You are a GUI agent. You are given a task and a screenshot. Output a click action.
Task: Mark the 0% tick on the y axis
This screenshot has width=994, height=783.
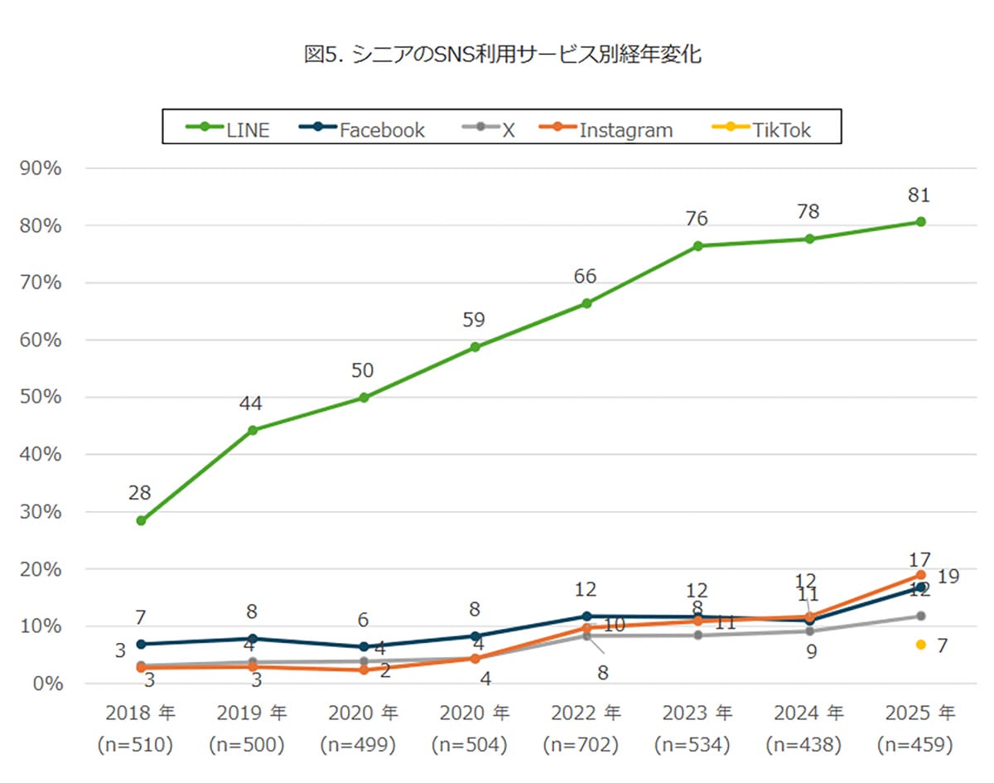46,684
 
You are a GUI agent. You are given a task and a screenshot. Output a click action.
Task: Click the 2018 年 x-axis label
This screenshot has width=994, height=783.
140,713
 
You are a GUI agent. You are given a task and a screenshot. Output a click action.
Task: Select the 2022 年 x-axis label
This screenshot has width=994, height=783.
586,713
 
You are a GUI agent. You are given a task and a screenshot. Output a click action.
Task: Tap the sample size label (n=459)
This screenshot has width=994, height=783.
920,745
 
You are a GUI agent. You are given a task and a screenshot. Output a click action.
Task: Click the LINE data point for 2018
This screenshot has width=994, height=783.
141,521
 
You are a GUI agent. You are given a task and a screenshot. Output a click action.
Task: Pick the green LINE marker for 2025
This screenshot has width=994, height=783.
920,222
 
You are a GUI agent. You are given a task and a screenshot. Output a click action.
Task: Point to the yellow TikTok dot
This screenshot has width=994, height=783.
920,645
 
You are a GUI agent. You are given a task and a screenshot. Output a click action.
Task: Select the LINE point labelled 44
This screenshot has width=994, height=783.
253,430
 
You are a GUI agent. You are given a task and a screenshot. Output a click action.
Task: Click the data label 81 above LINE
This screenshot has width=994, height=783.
920,196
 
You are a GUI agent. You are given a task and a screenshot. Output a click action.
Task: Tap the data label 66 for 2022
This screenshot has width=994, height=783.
586,277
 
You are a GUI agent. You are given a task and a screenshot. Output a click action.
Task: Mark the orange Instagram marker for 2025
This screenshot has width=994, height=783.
920,575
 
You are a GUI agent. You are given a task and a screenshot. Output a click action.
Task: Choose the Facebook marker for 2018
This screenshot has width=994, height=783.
141,644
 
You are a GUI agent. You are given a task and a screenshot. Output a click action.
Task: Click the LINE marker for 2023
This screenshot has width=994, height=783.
697,246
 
